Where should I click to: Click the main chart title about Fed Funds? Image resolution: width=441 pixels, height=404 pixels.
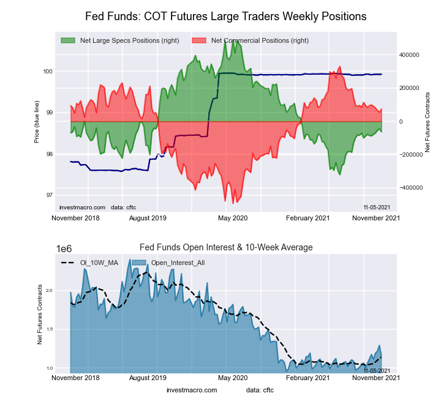tap(225, 17)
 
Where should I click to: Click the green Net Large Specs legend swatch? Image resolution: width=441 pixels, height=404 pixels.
tap(68, 40)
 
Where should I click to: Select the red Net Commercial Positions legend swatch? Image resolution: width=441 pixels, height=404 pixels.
tap(199, 40)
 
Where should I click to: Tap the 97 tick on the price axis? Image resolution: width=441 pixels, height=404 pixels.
tap(48, 195)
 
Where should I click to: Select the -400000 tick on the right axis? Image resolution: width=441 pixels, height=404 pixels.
tap(410, 188)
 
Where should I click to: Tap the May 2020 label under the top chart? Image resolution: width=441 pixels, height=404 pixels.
tap(233, 218)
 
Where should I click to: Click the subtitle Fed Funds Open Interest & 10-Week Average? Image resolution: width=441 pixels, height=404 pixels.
tap(226, 247)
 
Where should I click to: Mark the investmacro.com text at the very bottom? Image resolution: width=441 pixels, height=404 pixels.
tap(192, 390)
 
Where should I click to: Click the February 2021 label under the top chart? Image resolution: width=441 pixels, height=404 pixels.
tap(309, 218)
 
